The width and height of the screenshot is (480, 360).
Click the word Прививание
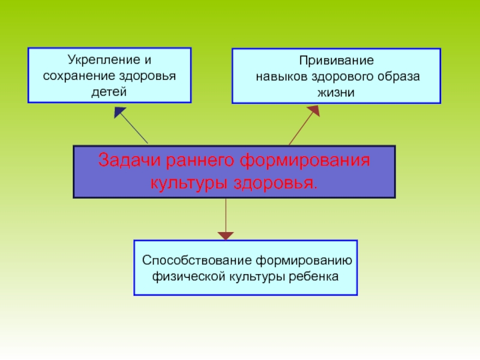click(x=337, y=61)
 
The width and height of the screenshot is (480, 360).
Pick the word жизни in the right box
click(x=337, y=93)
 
